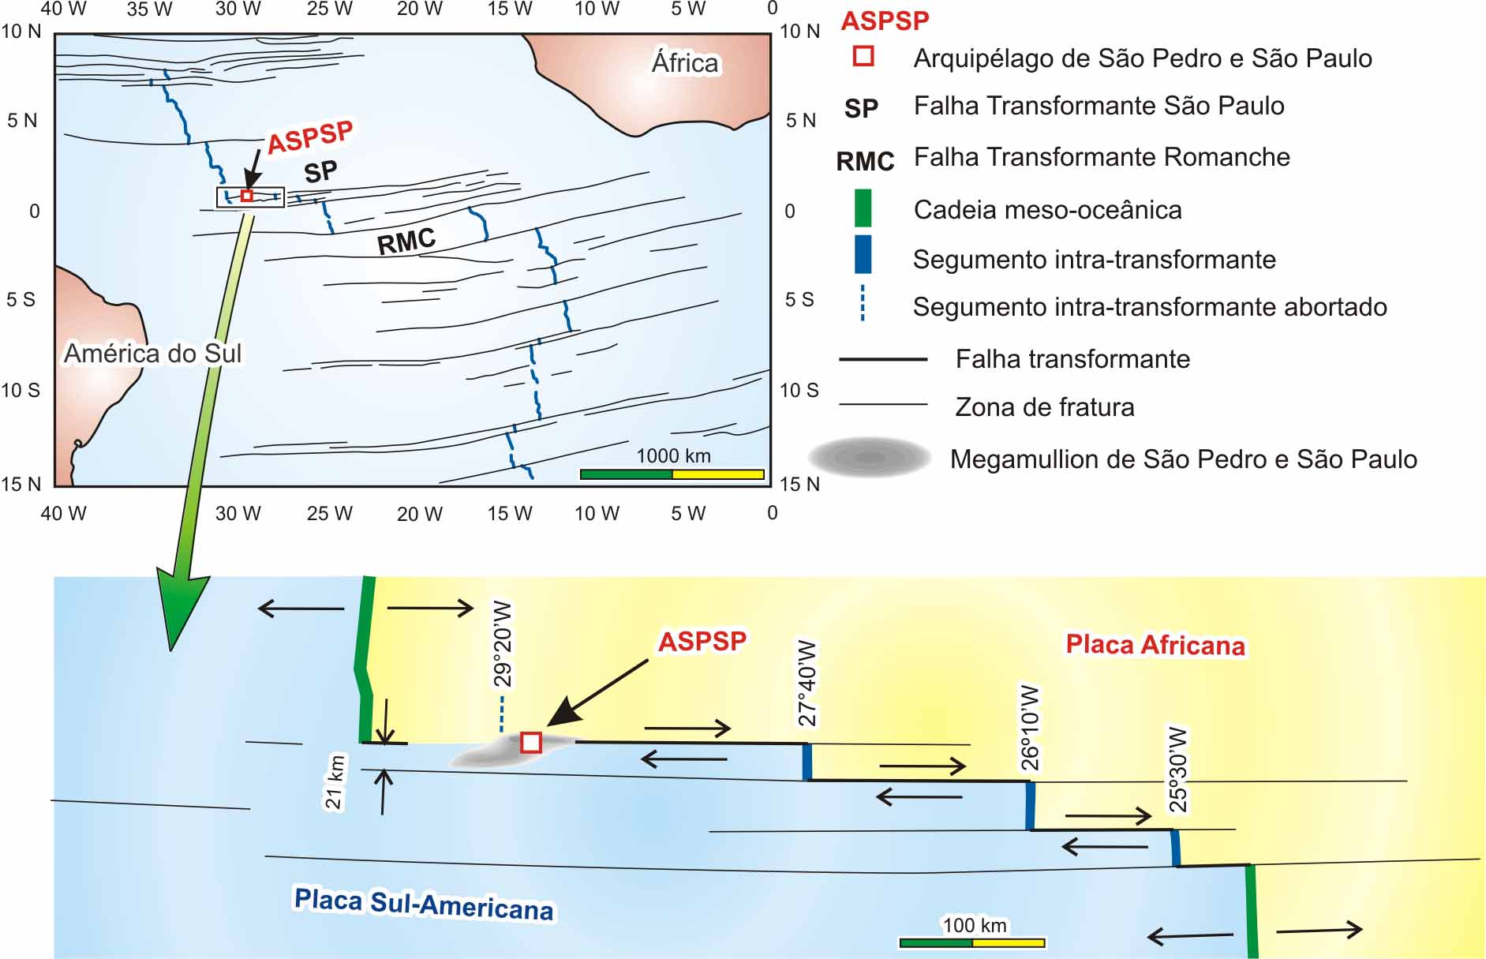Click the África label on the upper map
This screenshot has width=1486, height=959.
click(x=685, y=62)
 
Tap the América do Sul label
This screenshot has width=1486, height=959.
click(x=152, y=353)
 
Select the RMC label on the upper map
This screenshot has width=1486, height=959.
click(x=406, y=242)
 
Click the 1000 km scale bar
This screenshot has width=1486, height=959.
click(x=672, y=474)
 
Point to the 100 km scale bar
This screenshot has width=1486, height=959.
click(x=972, y=942)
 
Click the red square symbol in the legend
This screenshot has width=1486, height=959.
click(x=863, y=56)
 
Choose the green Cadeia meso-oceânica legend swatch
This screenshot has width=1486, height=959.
click(x=863, y=208)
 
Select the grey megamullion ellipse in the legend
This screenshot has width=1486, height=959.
click(x=870, y=457)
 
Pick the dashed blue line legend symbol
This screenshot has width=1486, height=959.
click(x=863, y=303)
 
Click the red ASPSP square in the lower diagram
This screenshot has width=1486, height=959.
click(x=531, y=743)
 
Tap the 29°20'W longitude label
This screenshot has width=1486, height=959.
click(x=502, y=644)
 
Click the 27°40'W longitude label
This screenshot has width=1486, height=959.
click(x=807, y=684)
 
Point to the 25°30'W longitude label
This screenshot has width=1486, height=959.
click(x=1177, y=770)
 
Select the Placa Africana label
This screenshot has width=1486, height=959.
click(x=1155, y=645)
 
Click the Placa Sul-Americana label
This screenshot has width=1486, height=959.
click(x=424, y=905)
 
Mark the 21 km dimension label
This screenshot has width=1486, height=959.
click(x=335, y=782)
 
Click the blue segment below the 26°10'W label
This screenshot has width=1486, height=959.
click(x=1030, y=805)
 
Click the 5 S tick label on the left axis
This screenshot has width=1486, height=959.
click(x=21, y=300)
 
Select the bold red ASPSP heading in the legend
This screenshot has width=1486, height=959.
click(x=885, y=21)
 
